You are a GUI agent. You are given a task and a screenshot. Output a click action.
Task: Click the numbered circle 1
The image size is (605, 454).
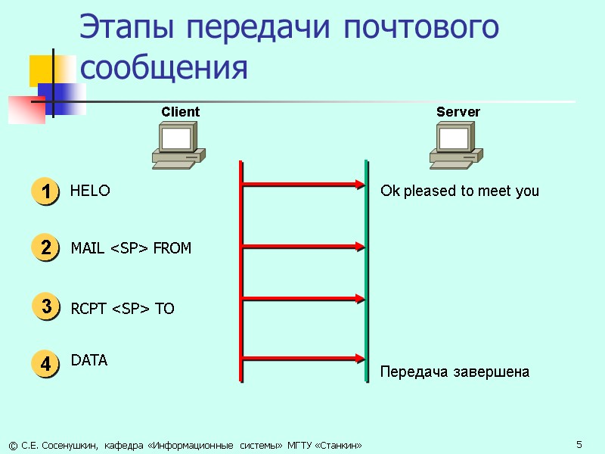pos(45,191)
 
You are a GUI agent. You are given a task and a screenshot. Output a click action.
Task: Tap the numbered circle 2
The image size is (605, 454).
pos(45,247)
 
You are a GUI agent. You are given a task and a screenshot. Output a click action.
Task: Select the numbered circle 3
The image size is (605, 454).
pos(45,307)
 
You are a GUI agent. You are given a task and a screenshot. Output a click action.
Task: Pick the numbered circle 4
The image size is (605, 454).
pos(45,363)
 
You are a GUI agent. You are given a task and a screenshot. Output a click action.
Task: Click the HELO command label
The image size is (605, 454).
pos(90,191)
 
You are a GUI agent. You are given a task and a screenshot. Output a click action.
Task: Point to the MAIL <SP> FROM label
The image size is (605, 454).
pos(131,248)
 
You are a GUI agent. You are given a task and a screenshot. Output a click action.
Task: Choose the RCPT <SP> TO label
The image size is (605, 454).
pos(123,309)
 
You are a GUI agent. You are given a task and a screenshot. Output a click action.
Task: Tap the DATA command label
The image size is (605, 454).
pos(89,361)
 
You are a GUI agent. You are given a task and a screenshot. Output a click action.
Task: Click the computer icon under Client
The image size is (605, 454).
pos(178,145)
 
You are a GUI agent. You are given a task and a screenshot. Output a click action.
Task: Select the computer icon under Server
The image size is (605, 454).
pos(456,145)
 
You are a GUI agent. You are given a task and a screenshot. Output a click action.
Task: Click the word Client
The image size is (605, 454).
pos(180,112)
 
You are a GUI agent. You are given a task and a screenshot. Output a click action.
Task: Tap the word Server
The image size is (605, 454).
pos(458,112)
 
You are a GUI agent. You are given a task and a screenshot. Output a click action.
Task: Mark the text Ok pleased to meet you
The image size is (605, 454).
pos(460,191)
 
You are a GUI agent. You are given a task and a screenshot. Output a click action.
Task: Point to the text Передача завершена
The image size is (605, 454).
pos(455,372)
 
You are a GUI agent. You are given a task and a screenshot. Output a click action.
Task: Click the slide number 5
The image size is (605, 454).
pos(579,443)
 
